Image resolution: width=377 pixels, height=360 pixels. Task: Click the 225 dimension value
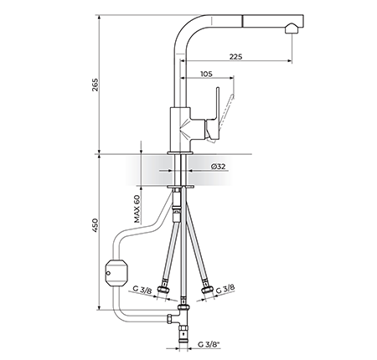[x=236, y=57]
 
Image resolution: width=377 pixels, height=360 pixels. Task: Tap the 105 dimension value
[x=206, y=74]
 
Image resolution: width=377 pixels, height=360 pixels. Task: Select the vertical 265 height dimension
[x=96, y=85]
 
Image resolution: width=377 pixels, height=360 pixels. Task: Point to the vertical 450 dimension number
[x=96, y=225]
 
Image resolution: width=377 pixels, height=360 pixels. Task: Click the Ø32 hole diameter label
[x=219, y=167]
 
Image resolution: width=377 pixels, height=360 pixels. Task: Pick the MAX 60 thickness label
[x=137, y=209]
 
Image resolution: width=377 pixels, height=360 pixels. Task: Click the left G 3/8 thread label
[x=142, y=290]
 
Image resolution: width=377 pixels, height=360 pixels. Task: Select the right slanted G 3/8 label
[x=225, y=289]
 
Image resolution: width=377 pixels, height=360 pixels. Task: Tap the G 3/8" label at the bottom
[x=209, y=344]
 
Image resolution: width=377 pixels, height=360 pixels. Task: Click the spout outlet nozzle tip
[x=292, y=28]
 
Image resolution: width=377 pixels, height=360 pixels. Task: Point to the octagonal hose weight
[x=116, y=273]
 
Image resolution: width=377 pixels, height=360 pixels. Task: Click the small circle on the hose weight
[x=108, y=273]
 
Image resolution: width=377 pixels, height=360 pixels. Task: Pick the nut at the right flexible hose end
[x=207, y=290]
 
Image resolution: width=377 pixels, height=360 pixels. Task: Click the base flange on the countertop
[x=180, y=152]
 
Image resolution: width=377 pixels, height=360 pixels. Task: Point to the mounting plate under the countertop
[x=180, y=186]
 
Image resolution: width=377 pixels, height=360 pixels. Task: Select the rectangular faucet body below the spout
[x=180, y=129]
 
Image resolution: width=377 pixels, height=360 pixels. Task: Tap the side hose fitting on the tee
[x=170, y=319]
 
